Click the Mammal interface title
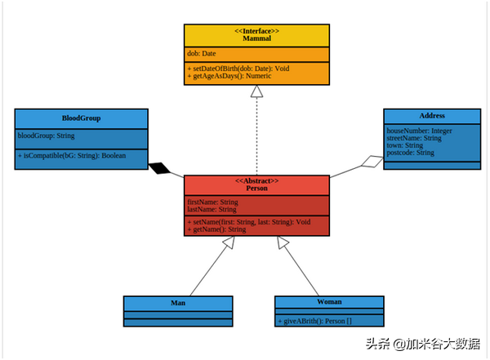pyautogui.click(x=256, y=38)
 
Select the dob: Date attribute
pyautogui.click(x=202, y=53)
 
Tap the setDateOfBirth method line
pyautogui.click(x=238, y=69)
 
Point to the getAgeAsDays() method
pyautogui.click(x=229, y=76)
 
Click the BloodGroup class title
pyautogui.click(x=81, y=118)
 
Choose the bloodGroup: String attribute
pyautogui.click(x=47, y=136)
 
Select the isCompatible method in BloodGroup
pyautogui.click(x=72, y=156)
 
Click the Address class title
pyautogui.click(x=432, y=116)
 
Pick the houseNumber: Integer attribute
pyautogui.click(x=420, y=131)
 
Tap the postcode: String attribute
pyautogui.click(x=411, y=153)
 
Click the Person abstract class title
pyautogui.click(x=257, y=188)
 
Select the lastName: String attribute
pyautogui.click(x=212, y=209)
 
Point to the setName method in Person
pyautogui.click(x=249, y=222)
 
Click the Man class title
pyautogui.click(x=178, y=303)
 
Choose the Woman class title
pyautogui.click(x=329, y=302)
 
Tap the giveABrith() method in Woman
pyautogui.click(x=315, y=321)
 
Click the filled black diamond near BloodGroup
pyautogui.click(x=159, y=168)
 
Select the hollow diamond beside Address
pyautogui.click(x=372, y=162)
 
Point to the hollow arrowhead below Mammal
pyautogui.click(x=256, y=91)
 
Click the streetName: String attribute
pyautogui.click(x=414, y=138)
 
